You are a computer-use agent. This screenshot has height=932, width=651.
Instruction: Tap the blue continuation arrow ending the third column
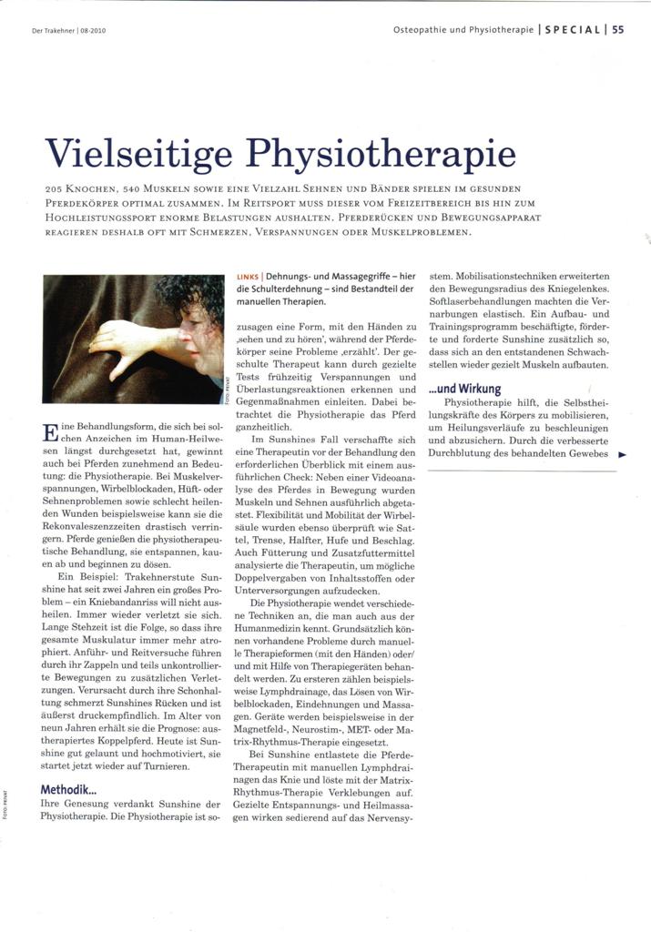point(622,453)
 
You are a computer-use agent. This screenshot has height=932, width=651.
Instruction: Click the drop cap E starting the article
point(50,435)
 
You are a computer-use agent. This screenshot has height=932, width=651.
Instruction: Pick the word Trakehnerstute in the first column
point(152,577)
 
